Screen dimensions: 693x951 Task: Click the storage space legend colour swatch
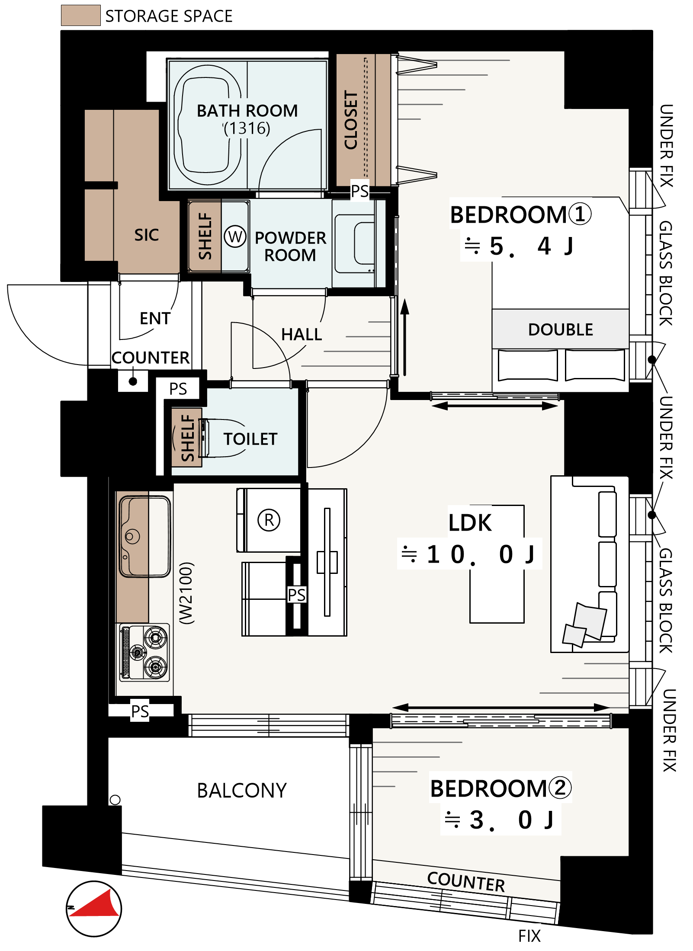[x=80, y=16]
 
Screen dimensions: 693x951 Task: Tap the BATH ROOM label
[x=247, y=111]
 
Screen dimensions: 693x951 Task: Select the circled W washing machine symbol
[x=235, y=237]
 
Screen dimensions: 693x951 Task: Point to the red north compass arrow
[x=97, y=904]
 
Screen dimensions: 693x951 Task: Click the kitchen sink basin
[x=145, y=536]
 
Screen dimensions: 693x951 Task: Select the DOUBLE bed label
[x=560, y=330]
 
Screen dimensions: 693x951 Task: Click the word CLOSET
[x=351, y=120]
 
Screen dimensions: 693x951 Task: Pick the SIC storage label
[x=146, y=235]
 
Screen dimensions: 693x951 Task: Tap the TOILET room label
[x=250, y=439]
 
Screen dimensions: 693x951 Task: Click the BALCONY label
[x=242, y=791]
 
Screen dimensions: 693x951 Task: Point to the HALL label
[x=302, y=334]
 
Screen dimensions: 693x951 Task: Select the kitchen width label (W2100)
[x=187, y=593]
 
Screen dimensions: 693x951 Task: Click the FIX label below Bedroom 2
[x=529, y=936]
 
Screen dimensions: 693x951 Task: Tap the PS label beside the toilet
[x=178, y=389]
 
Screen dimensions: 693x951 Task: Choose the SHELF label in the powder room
[x=205, y=236]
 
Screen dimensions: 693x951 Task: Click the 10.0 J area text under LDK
[x=469, y=554]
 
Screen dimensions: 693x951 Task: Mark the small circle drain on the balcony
[x=115, y=800]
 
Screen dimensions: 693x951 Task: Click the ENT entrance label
[x=155, y=318]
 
